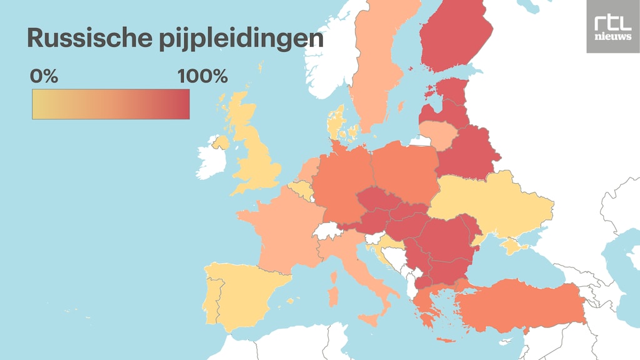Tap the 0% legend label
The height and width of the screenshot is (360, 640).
coord(44,77)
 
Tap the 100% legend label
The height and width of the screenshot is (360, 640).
coord(202,77)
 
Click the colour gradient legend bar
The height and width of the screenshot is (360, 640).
coord(111,104)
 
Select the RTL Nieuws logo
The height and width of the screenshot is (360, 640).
coord(612,27)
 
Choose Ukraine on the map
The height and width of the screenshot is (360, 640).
coord(494,203)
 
